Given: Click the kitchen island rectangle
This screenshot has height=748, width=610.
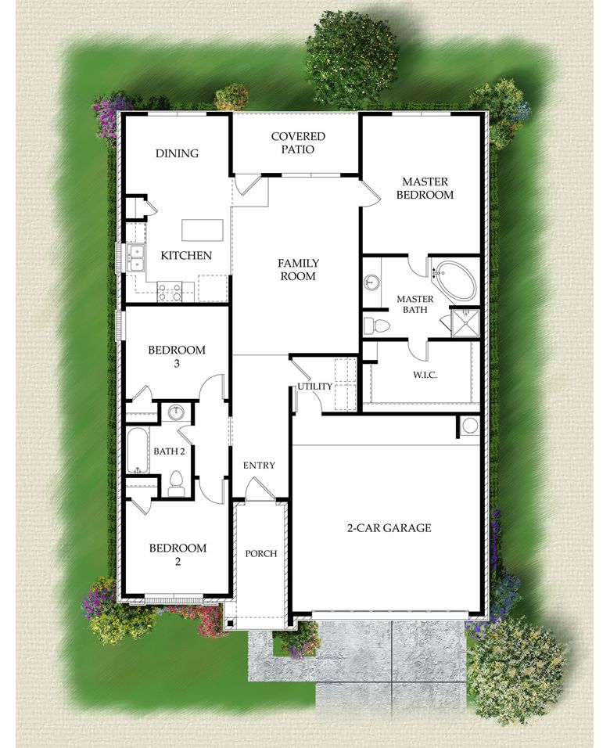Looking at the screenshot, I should click(x=203, y=230).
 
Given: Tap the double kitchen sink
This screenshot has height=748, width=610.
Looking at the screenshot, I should click(x=136, y=257).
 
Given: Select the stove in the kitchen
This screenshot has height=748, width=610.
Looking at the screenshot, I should click(x=170, y=293).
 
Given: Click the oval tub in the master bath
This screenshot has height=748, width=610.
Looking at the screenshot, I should click(x=453, y=280).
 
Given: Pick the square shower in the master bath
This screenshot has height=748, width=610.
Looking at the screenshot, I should click(x=467, y=322).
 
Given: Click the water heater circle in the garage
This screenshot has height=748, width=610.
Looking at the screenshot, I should click(x=469, y=426).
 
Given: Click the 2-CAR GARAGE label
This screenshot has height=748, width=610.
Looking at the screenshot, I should click(x=389, y=528).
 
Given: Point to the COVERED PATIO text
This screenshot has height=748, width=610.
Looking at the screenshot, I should click(x=298, y=142).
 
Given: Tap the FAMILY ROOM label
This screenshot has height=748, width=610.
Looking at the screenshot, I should click(x=298, y=270).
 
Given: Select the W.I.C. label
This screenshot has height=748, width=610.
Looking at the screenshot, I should click(x=425, y=375).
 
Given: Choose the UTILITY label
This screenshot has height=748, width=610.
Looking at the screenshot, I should click(x=314, y=387).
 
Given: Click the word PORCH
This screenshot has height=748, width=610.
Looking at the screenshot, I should click(x=261, y=554).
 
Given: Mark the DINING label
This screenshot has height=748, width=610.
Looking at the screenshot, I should click(x=177, y=153).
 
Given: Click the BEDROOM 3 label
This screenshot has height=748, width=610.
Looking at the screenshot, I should click(x=177, y=356).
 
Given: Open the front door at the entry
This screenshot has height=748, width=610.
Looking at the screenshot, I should click(x=260, y=490).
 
